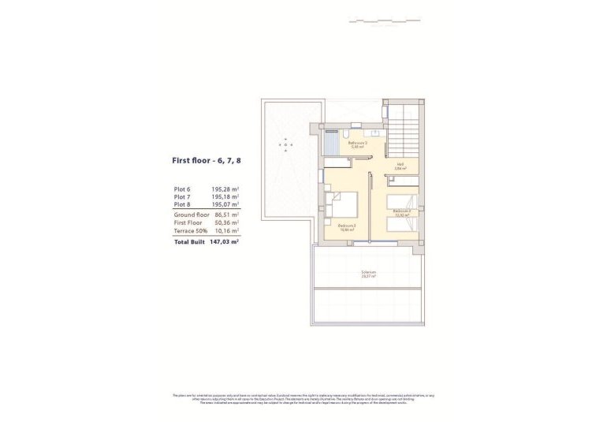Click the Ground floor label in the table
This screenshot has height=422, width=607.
click(x=191, y=215)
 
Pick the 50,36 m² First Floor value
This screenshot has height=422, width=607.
click(x=225, y=223)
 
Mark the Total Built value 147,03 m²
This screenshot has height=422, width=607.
click(x=225, y=243)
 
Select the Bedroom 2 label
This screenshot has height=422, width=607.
click(x=402, y=211)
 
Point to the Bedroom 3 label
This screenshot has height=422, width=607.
click(x=347, y=227)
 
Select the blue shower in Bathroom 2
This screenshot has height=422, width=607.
click(x=332, y=141)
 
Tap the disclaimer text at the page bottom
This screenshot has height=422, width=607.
click(x=303, y=399)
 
